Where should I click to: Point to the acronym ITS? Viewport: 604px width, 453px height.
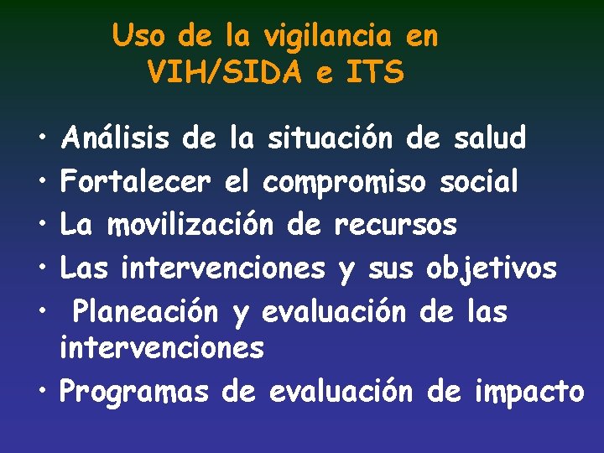pos(372,72)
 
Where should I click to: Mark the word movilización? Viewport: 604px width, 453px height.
pos(192,225)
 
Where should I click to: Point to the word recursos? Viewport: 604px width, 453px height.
pos(396,225)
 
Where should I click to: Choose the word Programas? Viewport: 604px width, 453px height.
pos(134,392)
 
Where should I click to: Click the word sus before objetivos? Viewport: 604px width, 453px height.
pos(390,269)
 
